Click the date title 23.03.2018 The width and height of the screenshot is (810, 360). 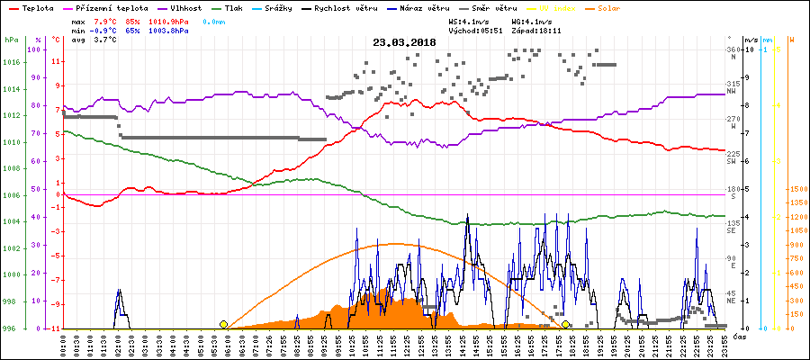405,41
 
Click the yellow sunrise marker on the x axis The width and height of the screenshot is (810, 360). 223,324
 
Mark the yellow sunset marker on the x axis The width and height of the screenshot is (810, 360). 565,324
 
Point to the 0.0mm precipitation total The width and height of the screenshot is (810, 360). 214,20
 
